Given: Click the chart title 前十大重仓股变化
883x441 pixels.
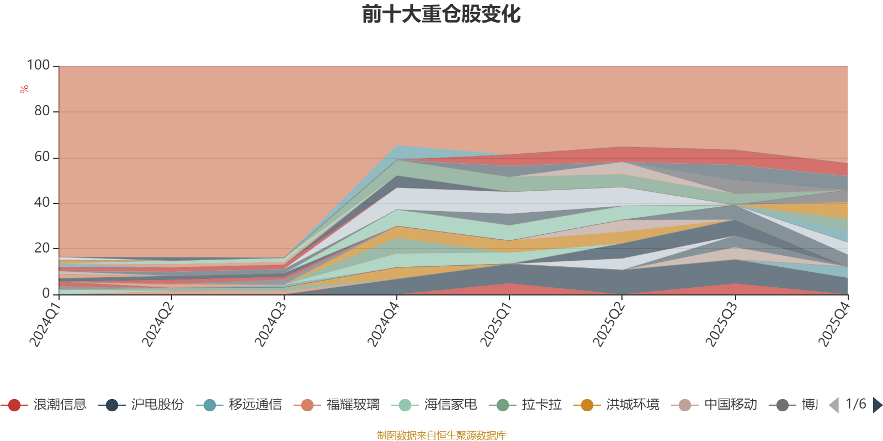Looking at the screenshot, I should click(x=441, y=15).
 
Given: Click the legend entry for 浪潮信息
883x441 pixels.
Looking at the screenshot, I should click(x=46, y=405).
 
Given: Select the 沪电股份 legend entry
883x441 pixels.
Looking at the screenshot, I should click(x=143, y=405).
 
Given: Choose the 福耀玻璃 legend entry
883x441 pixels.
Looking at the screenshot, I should click(x=339, y=405).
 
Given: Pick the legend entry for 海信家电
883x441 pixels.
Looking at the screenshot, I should click(x=437, y=405).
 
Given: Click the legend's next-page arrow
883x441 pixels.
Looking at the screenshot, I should click(x=877, y=405).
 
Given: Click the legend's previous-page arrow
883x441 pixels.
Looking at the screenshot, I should click(x=834, y=405).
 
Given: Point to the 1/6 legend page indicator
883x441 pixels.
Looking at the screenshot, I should click(x=855, y=404).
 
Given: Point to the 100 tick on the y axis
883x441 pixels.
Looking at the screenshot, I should click(x=39, y=66).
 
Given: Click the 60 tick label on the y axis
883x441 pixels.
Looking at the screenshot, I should click(x=41, y=157).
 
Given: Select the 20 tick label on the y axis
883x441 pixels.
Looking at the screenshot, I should click(x=41, y=248).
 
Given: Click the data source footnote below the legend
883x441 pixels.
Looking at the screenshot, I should click(x=441, y=435).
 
